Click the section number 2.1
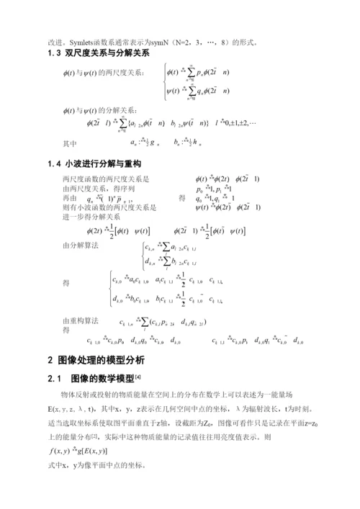(x=55, y=378)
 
